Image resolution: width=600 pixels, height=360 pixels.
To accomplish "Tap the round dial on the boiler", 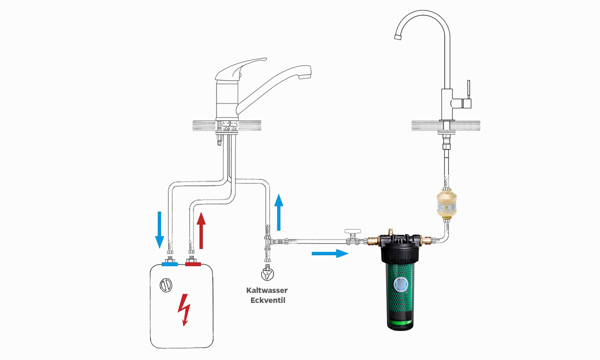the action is pyautogui.click(x=166, y=285).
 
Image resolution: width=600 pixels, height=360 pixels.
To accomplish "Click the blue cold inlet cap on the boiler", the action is pyautogui.click(x=169, y=264).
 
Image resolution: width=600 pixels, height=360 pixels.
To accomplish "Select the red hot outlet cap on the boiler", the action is pyautogui.click(x=193, y=264).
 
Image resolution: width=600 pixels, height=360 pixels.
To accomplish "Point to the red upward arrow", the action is pyautogui.click(x=201, y=230).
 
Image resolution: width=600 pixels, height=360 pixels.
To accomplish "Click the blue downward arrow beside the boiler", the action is pyautogui.click(x=159, y=230).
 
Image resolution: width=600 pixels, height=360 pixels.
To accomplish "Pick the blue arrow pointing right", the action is pyautogui.click(x=329, y=253).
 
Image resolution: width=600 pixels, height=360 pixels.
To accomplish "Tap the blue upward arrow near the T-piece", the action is pyautogui.click(x=278, y=212).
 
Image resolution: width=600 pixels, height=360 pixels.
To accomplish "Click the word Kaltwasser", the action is pyautogui.click(x=267, y=290).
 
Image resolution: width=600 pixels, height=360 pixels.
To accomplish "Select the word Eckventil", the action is pyautogui.click(x=267, y=300).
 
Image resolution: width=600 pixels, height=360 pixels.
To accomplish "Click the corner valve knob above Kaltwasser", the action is pyautogui.click(x=267, y=274).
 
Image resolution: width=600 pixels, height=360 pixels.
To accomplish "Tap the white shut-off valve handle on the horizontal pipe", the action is pyautogui.click(x=353, y=231).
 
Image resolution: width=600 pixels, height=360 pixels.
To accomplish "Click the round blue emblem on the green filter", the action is pyautogui.click(x=400, y=284).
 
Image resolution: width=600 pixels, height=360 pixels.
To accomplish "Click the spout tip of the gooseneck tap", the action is pyautogui.click(x=397, y=37).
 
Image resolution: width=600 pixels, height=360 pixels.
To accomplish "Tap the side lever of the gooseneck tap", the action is pyautogui.click(x=468, y=89).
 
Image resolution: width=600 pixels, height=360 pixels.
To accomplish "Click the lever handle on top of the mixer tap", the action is pyautogui.click(x=239, y=68).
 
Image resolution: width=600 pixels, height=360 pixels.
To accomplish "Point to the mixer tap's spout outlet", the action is pyautogui.click(x=305, y=76).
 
